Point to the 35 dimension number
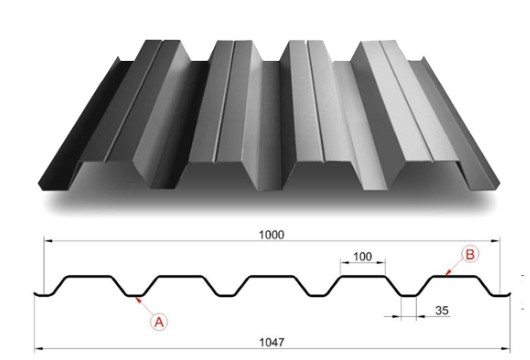click(x=441, y=311)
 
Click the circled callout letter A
click(x=156, y=321)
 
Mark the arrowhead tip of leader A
click(x=134, y=297)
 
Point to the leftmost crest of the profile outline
click(x=85, y=276)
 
